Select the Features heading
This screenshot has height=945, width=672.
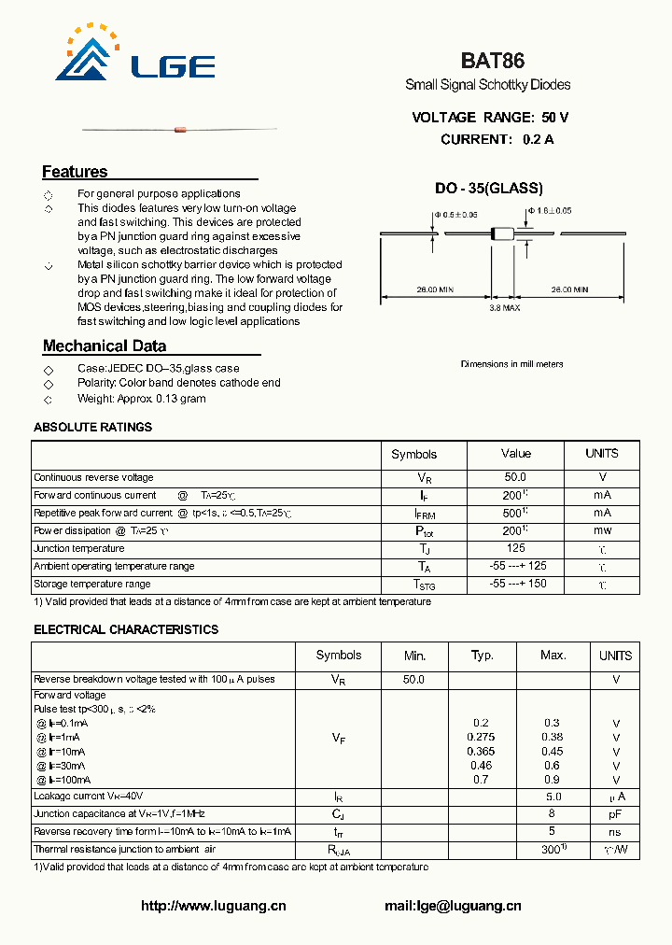click(75, 172)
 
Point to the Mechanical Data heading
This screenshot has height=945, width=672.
click(105, 346)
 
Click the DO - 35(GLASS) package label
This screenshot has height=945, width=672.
click(488, 189)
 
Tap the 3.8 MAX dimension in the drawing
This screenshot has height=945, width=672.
click(505, 307)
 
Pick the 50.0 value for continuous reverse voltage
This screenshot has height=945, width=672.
click(514, 477)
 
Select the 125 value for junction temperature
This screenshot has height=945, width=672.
click(515, 549)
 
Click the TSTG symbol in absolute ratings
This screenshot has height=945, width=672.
click(425, 585)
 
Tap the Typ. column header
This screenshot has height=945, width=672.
click(482, 656)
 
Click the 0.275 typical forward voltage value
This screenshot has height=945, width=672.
click(482, 738)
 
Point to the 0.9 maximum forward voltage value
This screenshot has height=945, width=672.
click(553, 780)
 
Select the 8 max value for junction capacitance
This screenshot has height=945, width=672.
click(553, 814)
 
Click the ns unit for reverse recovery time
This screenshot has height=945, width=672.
click(616, 832)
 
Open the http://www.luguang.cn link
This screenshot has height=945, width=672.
click(213, 906)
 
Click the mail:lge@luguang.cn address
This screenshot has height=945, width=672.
click(453, 906)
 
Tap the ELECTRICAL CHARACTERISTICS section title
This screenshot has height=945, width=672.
click(126, 630)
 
